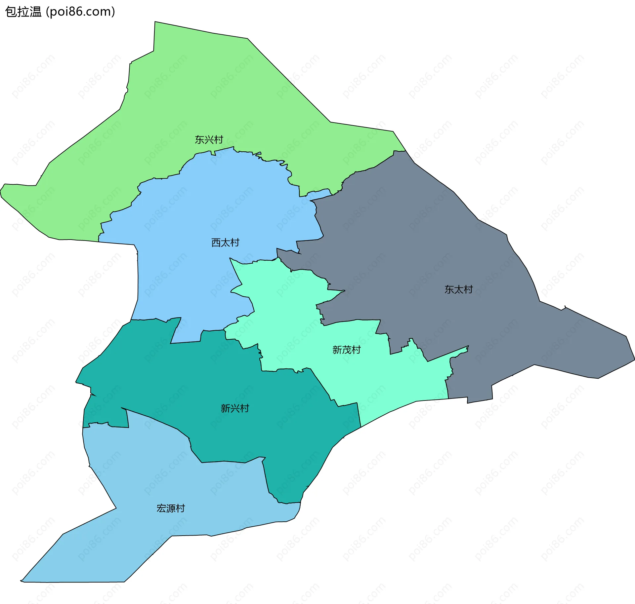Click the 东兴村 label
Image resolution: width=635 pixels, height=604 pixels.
[x=209, y=140]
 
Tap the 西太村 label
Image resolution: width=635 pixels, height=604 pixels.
[x=225, y=243]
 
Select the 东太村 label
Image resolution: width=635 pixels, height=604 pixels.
[x=458, y=289]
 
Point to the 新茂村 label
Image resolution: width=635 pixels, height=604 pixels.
[x=346, y=350]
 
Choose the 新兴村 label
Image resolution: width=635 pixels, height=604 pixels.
[x=235, y=408]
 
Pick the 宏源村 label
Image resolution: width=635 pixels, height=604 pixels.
[x=171, y=508]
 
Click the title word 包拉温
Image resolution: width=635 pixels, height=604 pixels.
[x=23, y=12]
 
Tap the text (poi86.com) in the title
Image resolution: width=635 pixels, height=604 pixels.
[x=81, y=12]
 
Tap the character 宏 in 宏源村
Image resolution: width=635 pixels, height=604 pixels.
[x=161, y=508]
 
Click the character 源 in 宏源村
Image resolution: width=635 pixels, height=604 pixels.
[x=171, y=508]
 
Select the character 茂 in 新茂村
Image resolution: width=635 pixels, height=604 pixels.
[x=346, y=350]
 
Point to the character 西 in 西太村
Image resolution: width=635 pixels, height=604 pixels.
[x=216, y=243]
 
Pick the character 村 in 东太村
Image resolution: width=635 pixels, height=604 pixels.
[x=468, y=289]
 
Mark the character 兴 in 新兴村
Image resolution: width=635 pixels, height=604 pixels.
[x=235, y=408]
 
